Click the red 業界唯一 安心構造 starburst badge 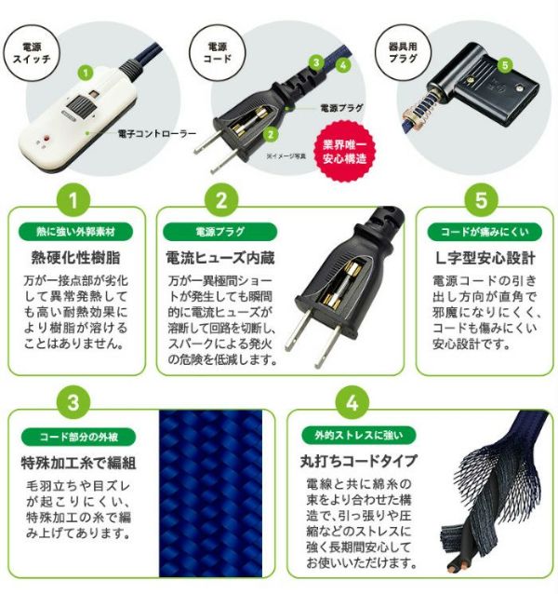click(x=344, y=151)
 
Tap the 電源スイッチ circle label click(x=32, y=53)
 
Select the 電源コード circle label click(x=217, y=53)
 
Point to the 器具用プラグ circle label click(x=403, y=53)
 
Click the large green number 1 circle click(x=73, y=199)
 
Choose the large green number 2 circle click(x=221, y=199)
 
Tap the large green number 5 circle click(x=481, y=199)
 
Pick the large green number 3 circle click(x=73, y=402)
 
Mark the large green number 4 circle click(x=352, y=402)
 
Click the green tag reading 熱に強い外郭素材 click(x=75, y=232)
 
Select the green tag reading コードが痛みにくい click(x=485, y=232)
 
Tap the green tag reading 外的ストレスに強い click(x=359, y=436)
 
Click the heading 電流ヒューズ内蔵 click(x=220, y=258)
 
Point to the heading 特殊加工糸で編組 click(x=78, y=463)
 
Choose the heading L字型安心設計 click(x=485, y=258)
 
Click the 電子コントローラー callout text click(x=157, y=134)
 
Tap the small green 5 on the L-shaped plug click(x=505, y=65)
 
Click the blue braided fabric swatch click(x=211, y=493)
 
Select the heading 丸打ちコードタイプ click(x=359, y=461)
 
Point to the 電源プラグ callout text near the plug click(x=341, y=108)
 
